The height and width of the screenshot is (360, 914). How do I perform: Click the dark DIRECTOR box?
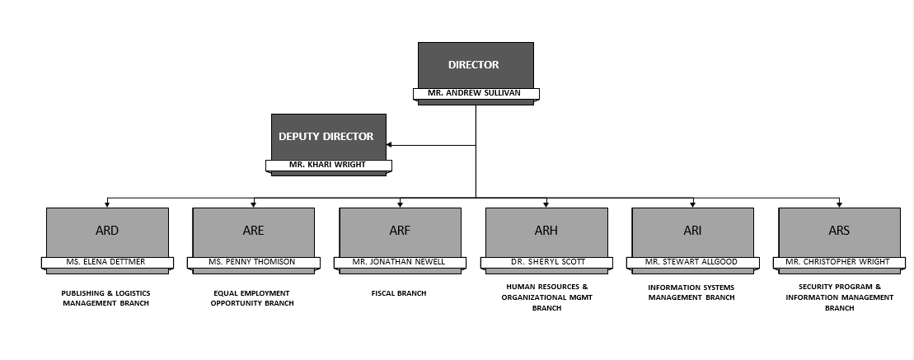476,65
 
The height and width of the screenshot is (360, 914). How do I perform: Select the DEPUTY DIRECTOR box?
328,137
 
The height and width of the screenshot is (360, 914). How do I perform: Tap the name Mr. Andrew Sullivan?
476,94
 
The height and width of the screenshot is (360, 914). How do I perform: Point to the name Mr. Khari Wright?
328,166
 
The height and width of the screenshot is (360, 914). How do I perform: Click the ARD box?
107,231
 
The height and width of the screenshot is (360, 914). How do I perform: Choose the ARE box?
253,231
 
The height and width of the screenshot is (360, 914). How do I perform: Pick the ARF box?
400,231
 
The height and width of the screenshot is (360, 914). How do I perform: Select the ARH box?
546,231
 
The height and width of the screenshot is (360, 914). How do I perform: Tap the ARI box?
692,231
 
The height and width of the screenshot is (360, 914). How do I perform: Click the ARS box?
839,231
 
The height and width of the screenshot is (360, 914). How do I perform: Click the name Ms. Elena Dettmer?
107,263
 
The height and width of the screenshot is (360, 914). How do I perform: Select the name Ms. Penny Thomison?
253,263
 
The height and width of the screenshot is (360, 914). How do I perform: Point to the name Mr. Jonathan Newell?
400,263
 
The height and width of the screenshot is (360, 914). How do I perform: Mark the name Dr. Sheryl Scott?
546,263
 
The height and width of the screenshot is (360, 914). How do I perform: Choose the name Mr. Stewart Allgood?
692,263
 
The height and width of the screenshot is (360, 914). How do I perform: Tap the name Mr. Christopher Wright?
839,263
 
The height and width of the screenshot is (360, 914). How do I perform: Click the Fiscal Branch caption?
400,293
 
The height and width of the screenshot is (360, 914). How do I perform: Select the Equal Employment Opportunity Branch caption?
252,298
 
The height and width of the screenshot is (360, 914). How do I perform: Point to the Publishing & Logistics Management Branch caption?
106,298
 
